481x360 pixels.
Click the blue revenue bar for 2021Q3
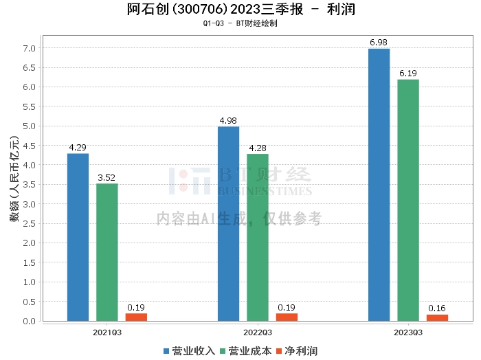tap(78, 237)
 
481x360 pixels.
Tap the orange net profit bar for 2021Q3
tap(136, 317)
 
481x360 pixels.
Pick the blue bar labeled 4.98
tap(228, 223)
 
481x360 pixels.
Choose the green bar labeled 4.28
tap(258, 237)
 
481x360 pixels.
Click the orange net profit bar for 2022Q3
tap(287, 317)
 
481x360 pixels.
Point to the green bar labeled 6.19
tap(408, 200)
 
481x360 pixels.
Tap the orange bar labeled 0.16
tap(437, 317)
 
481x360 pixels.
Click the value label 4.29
tap(78, 148)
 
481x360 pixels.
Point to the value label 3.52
tap(107, 178)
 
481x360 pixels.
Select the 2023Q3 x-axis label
tap(408, 332)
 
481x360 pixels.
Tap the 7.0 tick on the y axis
tap(28, 48)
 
